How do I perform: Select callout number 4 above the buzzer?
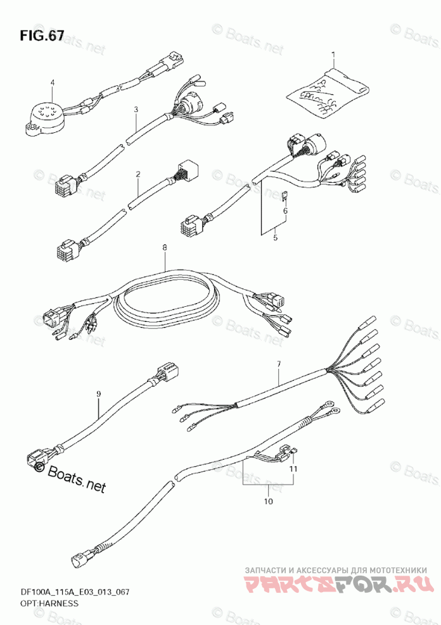pos(53,82)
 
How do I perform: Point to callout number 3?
pos(136,109)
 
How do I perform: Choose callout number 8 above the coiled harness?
pos(165,248)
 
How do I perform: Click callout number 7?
pos(278,364)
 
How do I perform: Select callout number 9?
pos(98,394)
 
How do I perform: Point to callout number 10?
pos(268,502)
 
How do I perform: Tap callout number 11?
pos(293,469)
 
